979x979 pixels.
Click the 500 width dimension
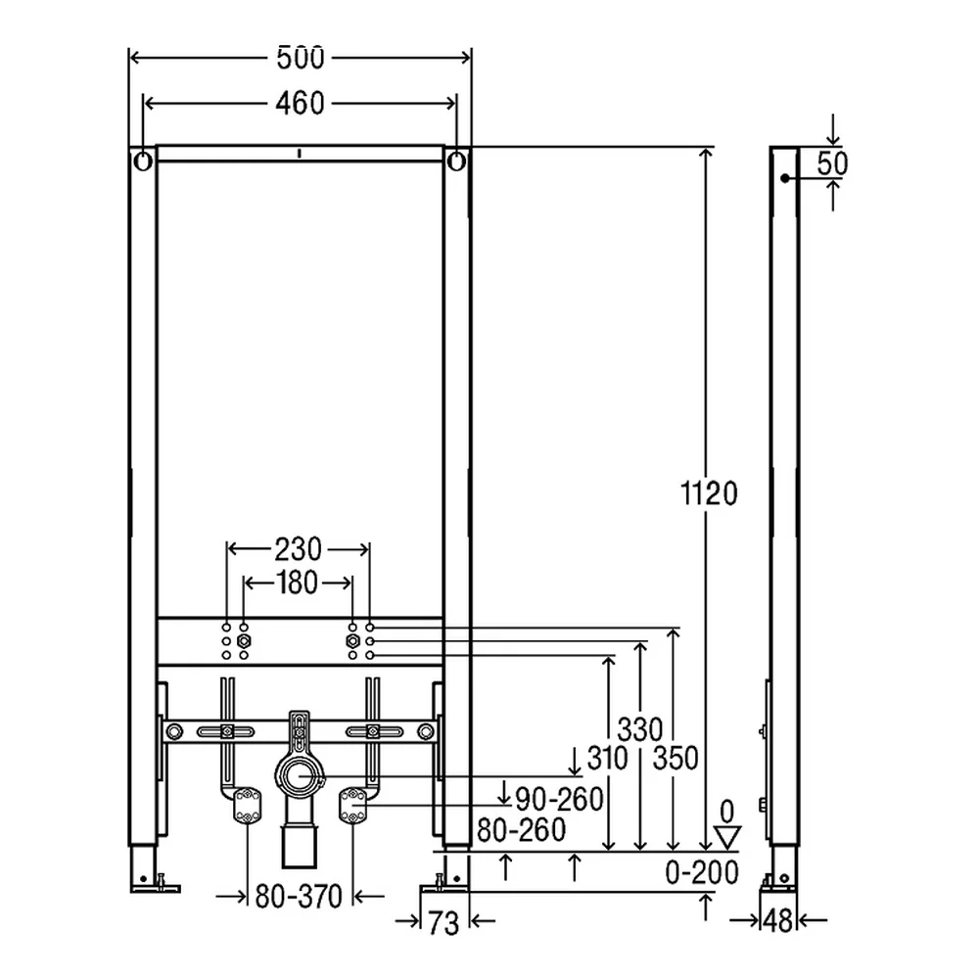tap(301, 58)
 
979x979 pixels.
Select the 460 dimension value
tap(300, 104)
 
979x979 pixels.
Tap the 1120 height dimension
tap(709, 493)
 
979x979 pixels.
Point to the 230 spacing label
tap(298, 549)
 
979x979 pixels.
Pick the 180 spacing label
tap(298, 583)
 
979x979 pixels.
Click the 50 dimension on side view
tap(832, 163)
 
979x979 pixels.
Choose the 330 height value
tap(640, 729)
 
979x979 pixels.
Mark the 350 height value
tap(675, 759)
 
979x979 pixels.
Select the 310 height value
tap(608, 759)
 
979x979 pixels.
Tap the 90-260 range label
tap(559, 799)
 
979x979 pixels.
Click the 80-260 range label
tap(522, 830)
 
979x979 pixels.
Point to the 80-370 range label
tap(299, 897)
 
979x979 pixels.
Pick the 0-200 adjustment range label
tap(702, 872)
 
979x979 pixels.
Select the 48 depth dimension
tap(777, 920)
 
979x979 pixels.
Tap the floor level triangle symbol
tap(726, 837)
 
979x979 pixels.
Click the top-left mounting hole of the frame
tap(143, 162)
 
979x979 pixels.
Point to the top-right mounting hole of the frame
tap(457, 162)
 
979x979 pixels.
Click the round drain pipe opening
tap(301, 776)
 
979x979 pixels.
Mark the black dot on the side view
tap(784, 178)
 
